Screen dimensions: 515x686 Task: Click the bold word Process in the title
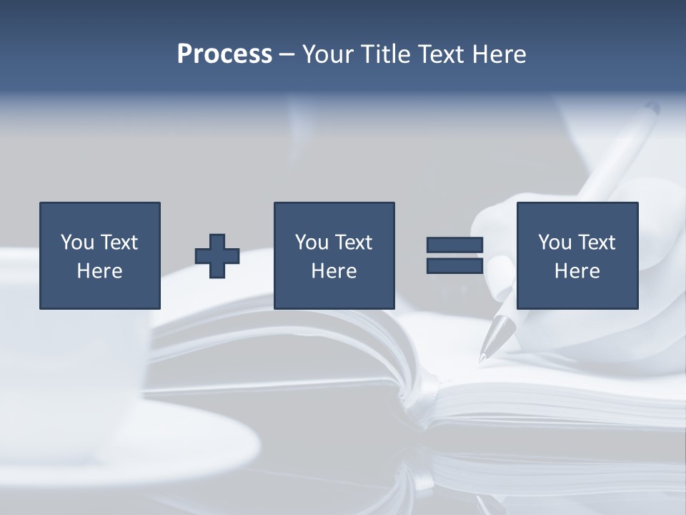[224, 54]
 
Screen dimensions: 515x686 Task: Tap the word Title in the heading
[384, 54]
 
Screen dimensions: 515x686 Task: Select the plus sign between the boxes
[217, 256]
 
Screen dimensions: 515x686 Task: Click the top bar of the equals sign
[454, 245]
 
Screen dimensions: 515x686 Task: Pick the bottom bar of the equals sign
[454, 266]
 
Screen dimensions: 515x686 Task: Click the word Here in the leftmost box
[99, 271]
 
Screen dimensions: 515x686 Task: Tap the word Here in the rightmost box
[577, 271]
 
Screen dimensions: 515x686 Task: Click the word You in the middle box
[312, 242]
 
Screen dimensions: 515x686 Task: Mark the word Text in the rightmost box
[597, 242]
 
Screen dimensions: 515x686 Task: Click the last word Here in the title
[501, 54]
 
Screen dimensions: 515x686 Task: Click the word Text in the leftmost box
[120, 242]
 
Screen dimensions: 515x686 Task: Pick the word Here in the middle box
[334, 271]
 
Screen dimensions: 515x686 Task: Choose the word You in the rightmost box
[555, 242]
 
